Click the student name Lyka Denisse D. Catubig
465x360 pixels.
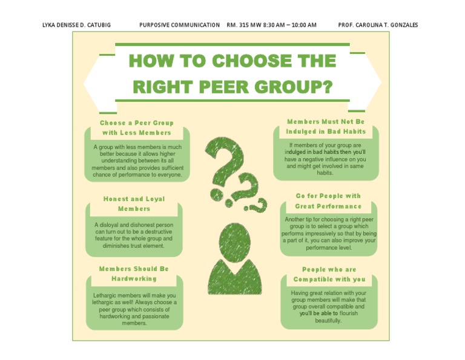[77, 25]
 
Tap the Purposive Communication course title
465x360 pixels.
[179, 25]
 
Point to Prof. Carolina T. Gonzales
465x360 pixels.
[378, 25]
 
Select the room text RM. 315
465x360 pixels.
[237, 25]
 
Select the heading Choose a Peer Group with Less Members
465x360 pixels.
[136, 127]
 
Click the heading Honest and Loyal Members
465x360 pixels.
[134, 204]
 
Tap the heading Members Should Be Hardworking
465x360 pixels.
[134, 273]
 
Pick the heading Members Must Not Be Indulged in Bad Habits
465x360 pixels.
[326, 126]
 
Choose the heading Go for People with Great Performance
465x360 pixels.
[328, 201]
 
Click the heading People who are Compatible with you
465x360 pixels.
[329, 274]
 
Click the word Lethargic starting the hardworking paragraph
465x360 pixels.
[107, 296]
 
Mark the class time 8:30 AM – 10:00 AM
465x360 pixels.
[287, 25]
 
